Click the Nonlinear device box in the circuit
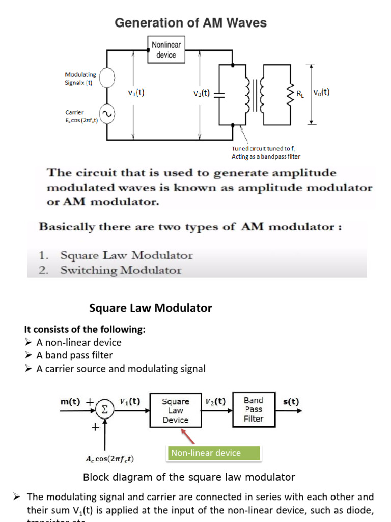pyautogui.click(x=166, y=49)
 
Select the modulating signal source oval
pyautogui.click(x=107, y=79)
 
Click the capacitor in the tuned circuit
pyautogui.click(x=218, y=94)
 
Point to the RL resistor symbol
pyautogui.click(x=291, y=93)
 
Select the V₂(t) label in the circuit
pyautogui.click(x=202, y=93)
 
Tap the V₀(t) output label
pyautogui.click(x=321, y=92)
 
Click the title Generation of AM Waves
pyautogui.click(x=190, y=23)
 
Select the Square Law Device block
pyautogui.click(x=175, y=411)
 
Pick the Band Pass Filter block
pyautogui.click(x=254, y=409)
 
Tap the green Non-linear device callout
pyautogui.click(x=213, y=453)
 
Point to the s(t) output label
pyautogui.click(x=291, y=401)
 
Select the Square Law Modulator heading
pyautogui.click(x=151, y=308)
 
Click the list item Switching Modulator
pyautogui.click(x=121, y=270)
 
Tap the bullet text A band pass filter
pyautogui.click(x=74, y=355)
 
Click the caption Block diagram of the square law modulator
pyautogui.click(x=189, y=477)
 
